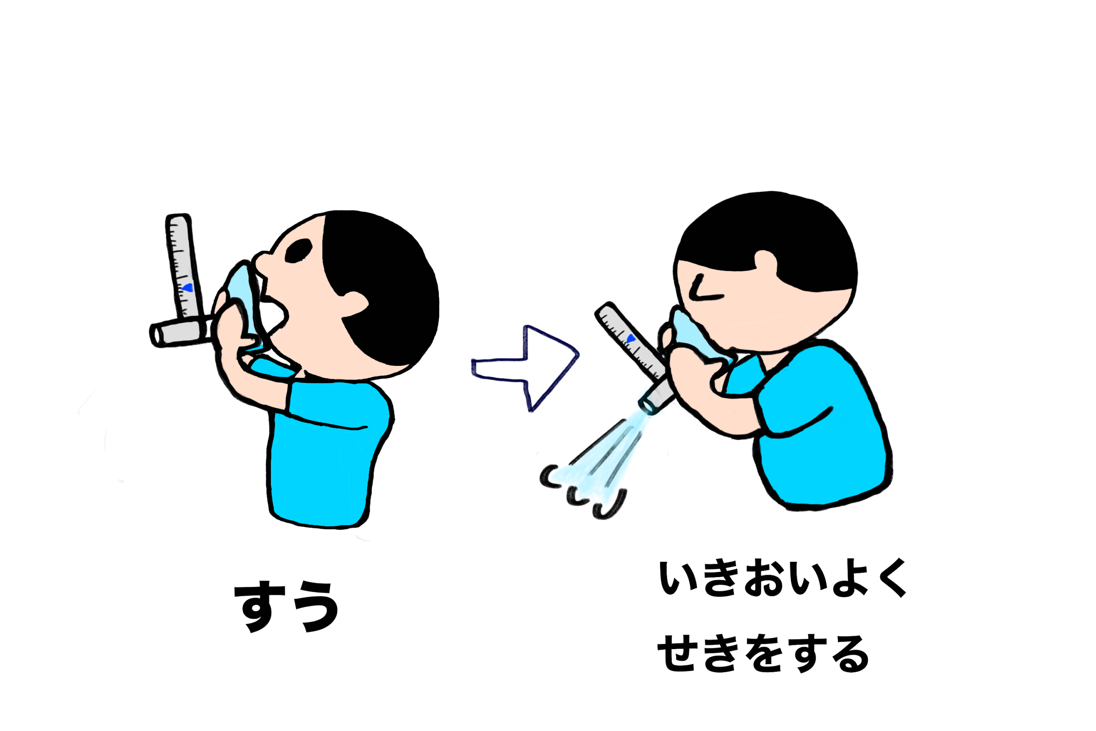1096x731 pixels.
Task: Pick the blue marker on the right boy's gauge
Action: point(631,338)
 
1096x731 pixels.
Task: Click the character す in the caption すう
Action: point(259,606)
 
